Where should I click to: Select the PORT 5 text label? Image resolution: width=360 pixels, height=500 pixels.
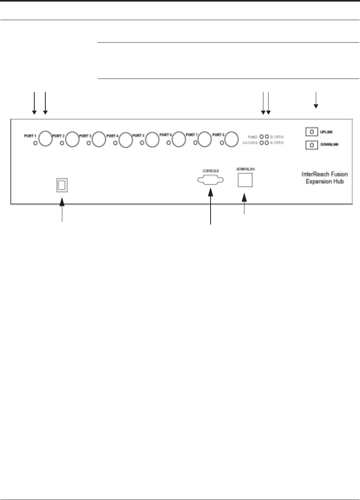[139, 135]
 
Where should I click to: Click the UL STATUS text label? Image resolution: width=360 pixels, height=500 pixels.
[277, 142]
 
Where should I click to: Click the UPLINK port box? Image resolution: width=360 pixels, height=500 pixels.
[312, 131]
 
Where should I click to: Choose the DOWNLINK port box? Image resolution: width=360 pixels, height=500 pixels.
[312, 145]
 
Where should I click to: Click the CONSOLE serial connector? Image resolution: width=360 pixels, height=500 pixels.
[210, 180]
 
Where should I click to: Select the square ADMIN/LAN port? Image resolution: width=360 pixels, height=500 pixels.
[245, 180]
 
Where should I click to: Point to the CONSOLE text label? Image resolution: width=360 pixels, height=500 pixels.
[210, 170]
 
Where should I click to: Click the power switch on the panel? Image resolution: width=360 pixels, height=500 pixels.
[62, 185]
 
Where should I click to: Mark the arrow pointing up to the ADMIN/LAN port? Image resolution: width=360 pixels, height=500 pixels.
[244, 203]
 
